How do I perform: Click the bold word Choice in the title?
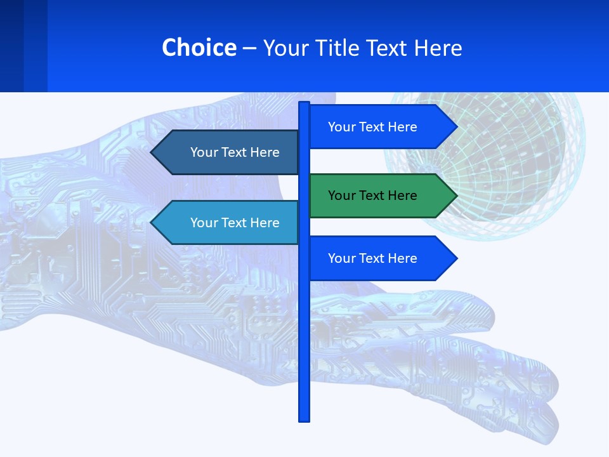click(199, 48)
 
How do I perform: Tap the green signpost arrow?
click(381, 195)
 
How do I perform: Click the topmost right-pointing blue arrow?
click(381, 127)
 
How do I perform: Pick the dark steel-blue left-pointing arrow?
click(228, 152)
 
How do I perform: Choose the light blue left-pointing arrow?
click(228, 223)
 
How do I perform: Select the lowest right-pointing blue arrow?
click(381, 258)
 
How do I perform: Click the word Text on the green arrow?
click(372, 195)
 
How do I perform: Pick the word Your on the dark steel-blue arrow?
click(204, 152)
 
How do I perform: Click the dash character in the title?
click(249, 48)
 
